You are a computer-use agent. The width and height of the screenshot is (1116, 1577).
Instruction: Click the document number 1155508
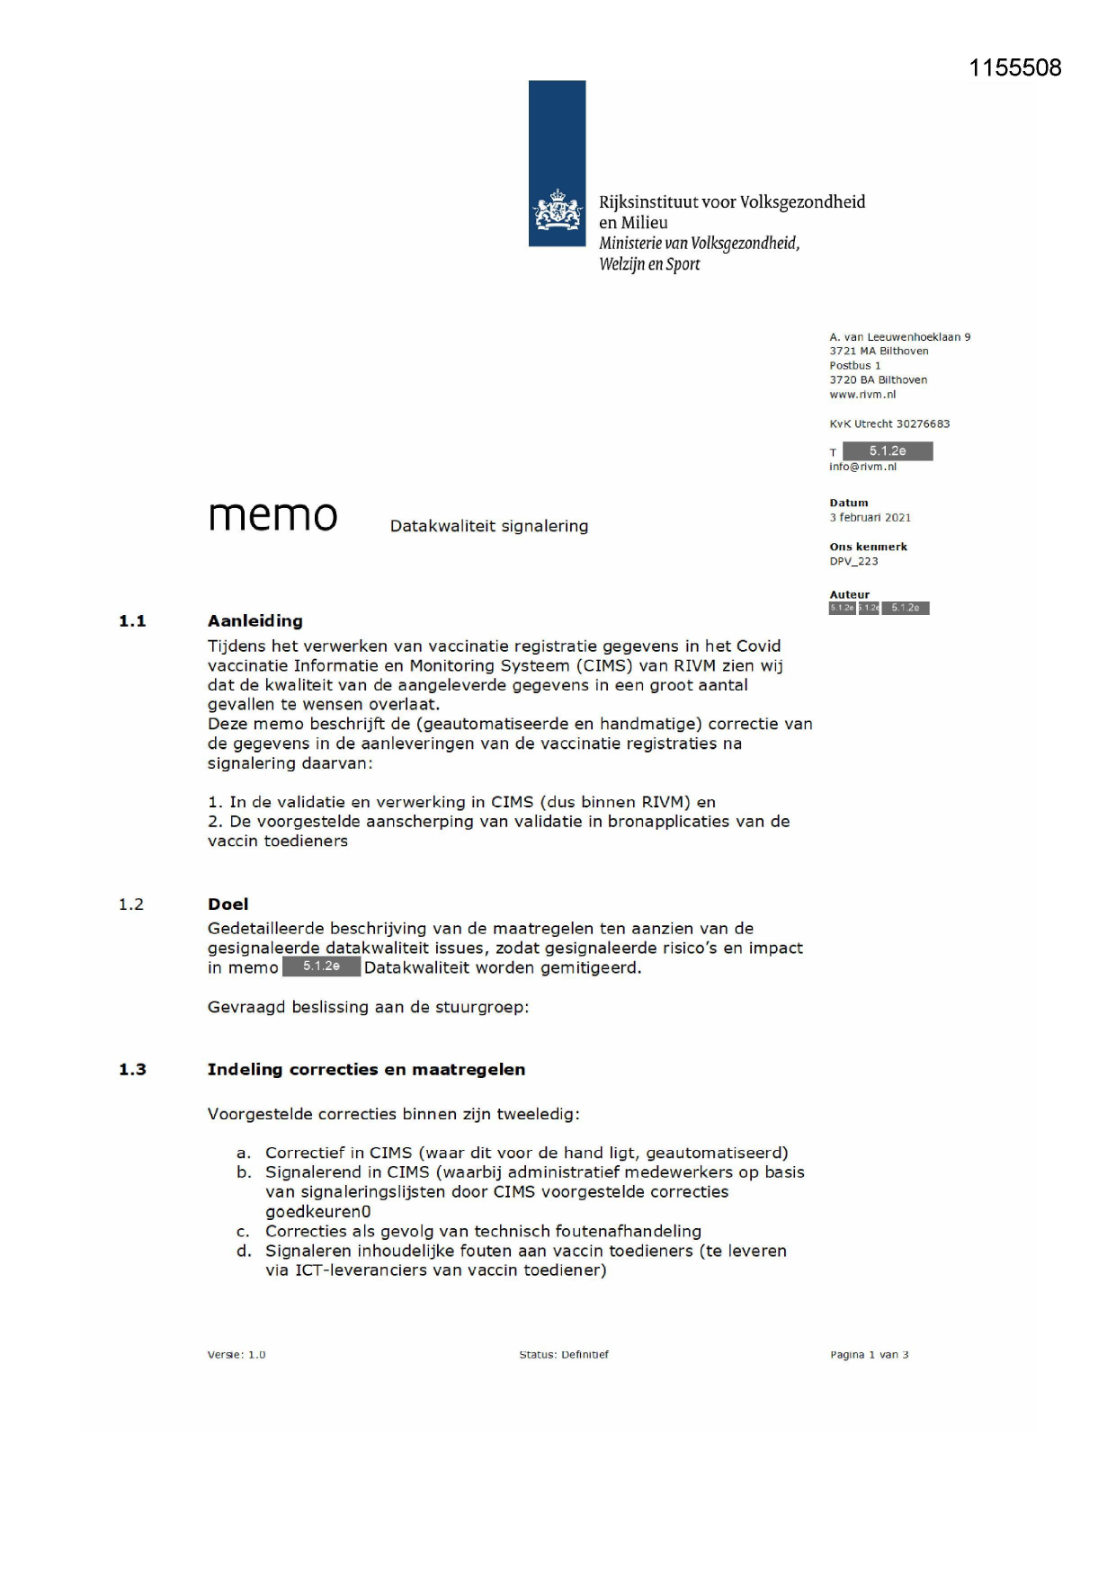coord(1014,68)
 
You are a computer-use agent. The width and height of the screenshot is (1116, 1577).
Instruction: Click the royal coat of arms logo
coord(557,211)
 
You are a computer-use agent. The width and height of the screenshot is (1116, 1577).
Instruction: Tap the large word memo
coord(272,515)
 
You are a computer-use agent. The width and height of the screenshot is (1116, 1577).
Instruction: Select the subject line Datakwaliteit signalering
coord(488,526)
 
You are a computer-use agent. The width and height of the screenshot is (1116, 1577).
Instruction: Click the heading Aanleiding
coord(254,620)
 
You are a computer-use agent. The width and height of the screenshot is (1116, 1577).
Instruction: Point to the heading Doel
coord(228,904)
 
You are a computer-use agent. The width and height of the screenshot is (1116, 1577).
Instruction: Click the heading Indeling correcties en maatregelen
coord(366,1069)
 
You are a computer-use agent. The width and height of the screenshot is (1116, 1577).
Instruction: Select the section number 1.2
coord(131,904)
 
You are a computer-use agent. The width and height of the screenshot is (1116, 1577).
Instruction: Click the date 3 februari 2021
coord(870,517)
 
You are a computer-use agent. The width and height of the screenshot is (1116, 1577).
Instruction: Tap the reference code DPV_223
coord(853,561)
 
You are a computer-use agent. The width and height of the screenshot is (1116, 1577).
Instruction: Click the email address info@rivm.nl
coord(862,467)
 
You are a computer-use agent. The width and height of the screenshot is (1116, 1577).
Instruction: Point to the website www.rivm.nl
coord(862,394)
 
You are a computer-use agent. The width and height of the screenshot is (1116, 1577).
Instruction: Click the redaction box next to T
coord(887,451)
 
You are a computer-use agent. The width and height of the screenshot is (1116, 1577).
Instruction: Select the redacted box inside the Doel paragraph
coord(321,967)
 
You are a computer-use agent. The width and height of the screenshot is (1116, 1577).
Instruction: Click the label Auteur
coord(849,594)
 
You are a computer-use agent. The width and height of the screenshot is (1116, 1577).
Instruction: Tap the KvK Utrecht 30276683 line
coord(888,423)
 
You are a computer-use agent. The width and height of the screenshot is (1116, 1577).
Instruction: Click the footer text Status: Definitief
coord(564,1354)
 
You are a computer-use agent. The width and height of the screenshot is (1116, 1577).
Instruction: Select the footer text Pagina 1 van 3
coord(869,1354)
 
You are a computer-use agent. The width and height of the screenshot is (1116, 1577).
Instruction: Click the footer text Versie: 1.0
coord(237,1354)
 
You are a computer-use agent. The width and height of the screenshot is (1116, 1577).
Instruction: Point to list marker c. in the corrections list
coord(243,1232)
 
